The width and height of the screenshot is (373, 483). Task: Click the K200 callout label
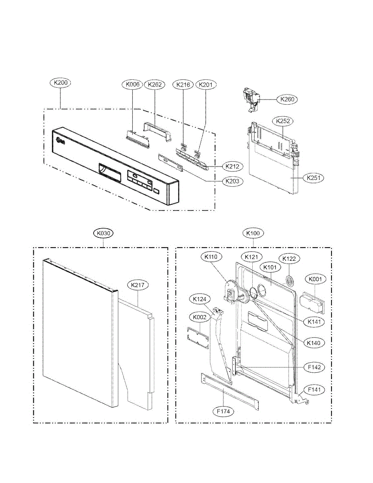60,83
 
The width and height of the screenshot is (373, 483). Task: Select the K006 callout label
132,85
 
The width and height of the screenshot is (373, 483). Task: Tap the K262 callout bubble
155,85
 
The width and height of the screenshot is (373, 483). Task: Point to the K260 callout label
286,99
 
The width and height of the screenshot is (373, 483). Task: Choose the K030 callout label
103,233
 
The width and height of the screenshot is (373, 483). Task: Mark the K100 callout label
253,233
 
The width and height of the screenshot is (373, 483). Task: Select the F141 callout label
315,390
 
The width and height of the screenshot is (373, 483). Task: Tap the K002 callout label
200,317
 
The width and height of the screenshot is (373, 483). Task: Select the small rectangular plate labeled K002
198,335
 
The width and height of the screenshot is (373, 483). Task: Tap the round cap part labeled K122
289,279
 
